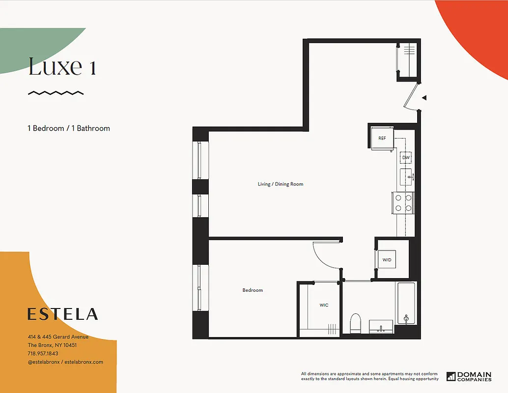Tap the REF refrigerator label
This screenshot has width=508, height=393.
click(382, 138)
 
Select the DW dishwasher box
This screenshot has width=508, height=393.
click(405, 158)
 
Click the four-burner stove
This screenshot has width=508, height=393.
click(403, 202)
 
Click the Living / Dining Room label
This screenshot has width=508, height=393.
click(281, 184)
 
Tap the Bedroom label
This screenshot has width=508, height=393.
click(253, 290)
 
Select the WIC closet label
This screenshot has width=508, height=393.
click(324, 305)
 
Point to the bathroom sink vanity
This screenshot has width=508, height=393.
click(381, 326)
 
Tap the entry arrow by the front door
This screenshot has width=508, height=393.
click(424, 98)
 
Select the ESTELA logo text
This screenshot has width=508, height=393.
click(62, 314)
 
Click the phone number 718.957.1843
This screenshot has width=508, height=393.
click(43, 353)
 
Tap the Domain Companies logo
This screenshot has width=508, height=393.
click(469, 377)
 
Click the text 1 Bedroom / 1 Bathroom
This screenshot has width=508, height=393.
click(69, 128)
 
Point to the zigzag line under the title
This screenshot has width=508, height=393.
click(56, 92)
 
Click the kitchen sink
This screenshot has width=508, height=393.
click(406, 176)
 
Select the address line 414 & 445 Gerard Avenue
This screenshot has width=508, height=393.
click(58, 337)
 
